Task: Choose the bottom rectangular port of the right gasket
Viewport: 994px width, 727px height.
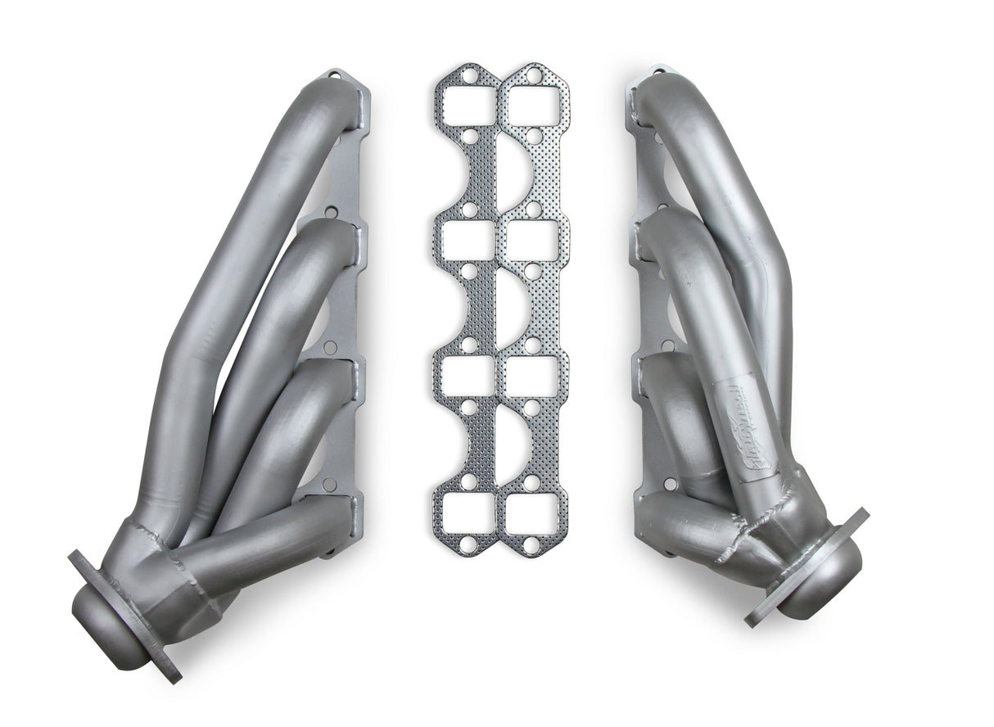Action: coord(531,513)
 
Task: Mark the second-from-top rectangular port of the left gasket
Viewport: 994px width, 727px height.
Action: coord(467,242)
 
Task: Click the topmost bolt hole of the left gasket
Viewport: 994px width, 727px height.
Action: coord(468,76)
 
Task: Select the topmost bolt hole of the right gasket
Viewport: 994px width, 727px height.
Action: coord(534,76)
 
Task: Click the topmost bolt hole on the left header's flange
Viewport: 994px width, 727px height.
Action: coord(334,77)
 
